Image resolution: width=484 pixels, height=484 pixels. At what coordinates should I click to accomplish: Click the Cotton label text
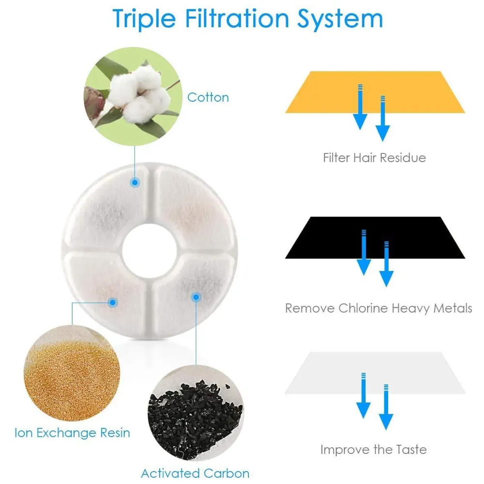(x=208, y=97)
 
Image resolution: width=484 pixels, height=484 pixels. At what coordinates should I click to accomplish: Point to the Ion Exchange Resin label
(x=72, y=432)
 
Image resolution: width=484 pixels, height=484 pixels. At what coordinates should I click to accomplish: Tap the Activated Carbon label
(x=195, y=473)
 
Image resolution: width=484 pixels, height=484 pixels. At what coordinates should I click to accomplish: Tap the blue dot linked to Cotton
(x=135, y=182)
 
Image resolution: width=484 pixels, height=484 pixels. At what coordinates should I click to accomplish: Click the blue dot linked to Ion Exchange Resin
(x=113, y=302)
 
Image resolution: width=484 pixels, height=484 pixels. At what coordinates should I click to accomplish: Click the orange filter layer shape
(x=329, y=92)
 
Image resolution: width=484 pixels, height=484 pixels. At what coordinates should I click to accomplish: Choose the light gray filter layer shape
(x=329, y=373)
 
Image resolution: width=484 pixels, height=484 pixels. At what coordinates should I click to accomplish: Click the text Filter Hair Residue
(x=374, y=158)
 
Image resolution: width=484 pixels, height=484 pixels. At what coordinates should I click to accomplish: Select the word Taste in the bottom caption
(x=408, y=450)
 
